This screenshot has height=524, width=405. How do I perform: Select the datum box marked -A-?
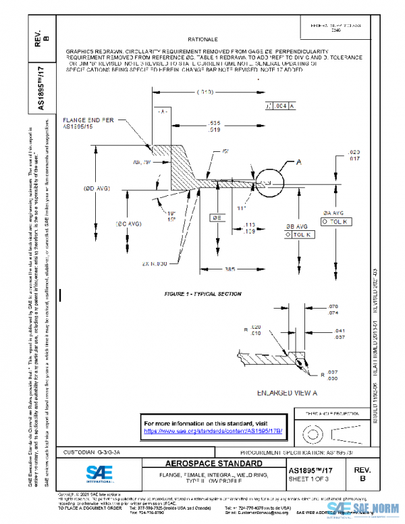tap(162, 110)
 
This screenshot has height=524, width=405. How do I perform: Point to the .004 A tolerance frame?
tap(281, 106)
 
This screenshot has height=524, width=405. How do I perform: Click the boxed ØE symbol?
tap(218, 218)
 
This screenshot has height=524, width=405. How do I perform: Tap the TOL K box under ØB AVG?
tap(301, 234)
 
